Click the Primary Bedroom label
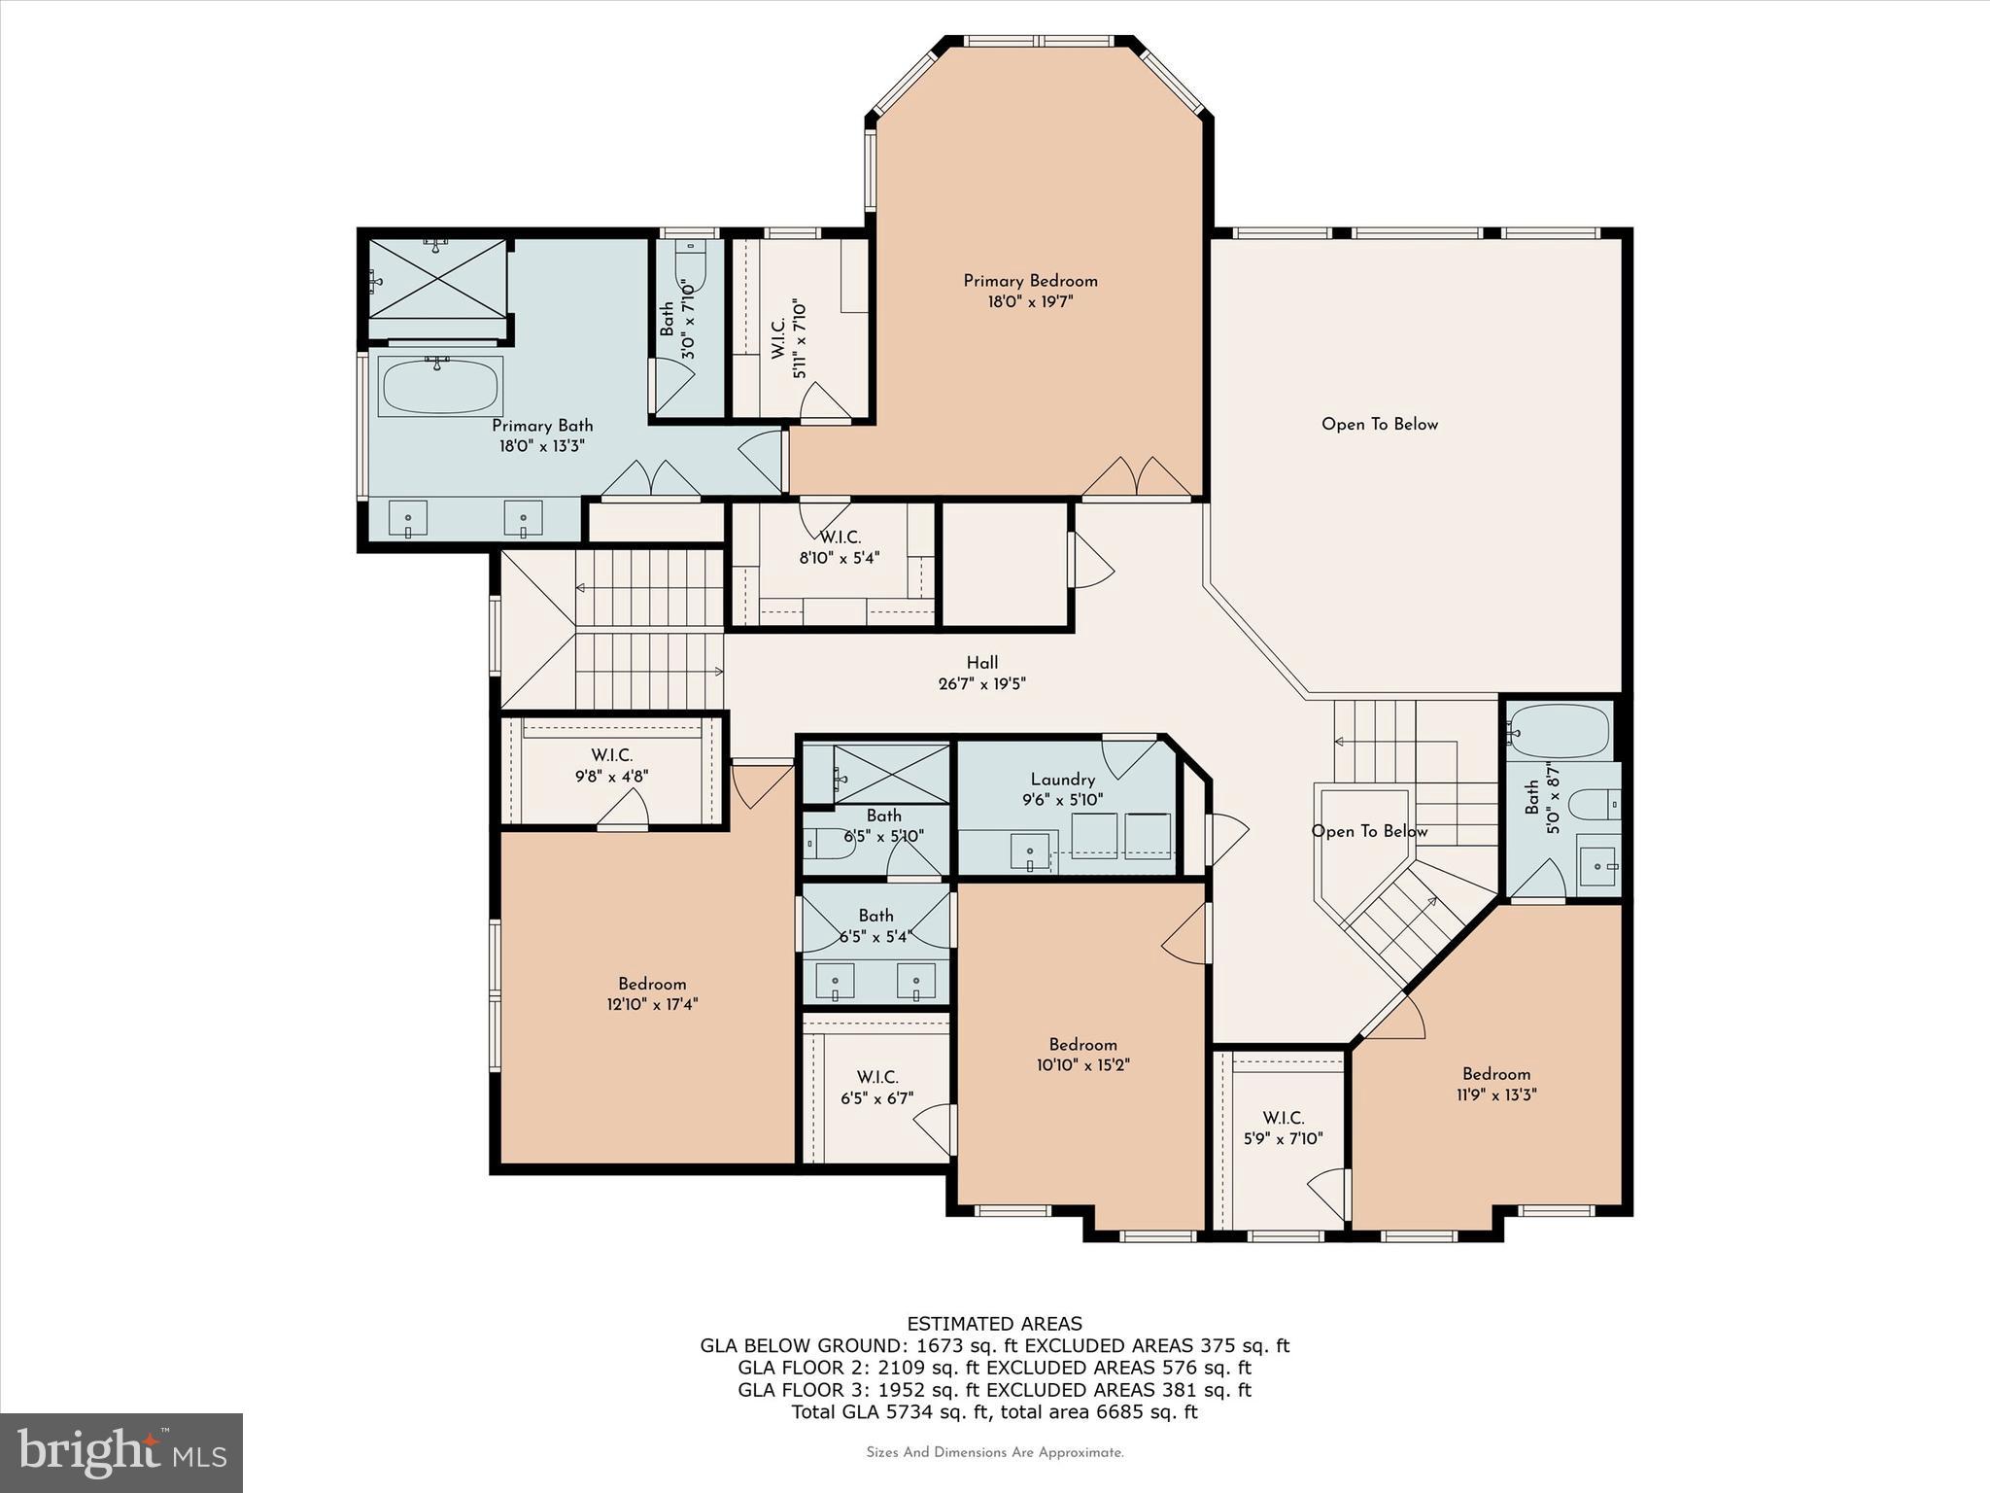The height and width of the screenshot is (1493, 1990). coord(1030,281)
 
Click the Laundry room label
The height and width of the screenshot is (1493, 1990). coord(1062,780)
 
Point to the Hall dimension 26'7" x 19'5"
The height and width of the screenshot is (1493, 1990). coord(981,683)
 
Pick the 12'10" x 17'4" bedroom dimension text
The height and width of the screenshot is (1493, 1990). coord(652,1004)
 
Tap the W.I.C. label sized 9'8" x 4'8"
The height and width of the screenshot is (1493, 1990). coord(611,755)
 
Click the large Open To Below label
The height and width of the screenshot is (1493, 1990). coord(1379,424)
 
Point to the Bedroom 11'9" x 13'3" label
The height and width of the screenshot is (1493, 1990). coord(1495,1074)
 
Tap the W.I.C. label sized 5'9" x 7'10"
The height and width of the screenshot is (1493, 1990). coord(1283,1118)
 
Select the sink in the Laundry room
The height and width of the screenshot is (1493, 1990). coord(1030,851)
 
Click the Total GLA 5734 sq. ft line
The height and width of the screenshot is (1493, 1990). coord(994,1411)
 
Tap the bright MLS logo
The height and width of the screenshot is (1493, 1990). coord(121,1452)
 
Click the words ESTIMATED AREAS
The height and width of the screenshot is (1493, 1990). coord(994,1324)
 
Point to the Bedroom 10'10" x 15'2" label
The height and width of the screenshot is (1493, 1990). coord(1082,1045)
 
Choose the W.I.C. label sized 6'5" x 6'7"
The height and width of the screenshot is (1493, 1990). coord(876,1077)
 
